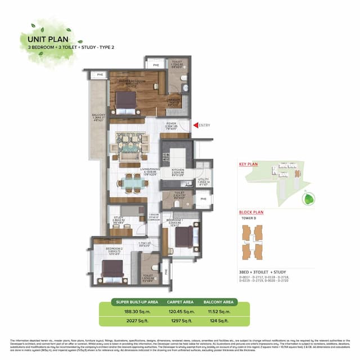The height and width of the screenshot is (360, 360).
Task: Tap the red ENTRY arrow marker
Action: [195, 125]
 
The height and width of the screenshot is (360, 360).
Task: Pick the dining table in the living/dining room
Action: [133, 182]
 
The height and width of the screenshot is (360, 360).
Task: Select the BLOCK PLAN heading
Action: [250, 213]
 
